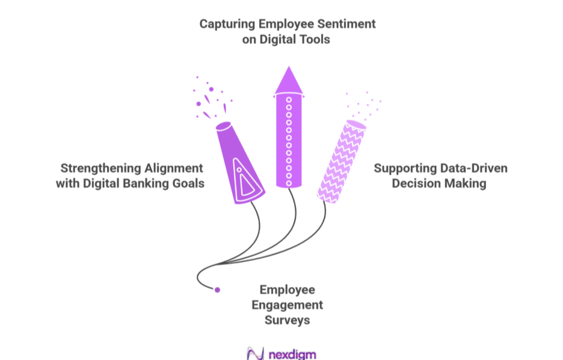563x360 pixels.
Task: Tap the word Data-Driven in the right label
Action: click(471, 168)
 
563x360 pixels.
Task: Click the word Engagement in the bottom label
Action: click(288, 305)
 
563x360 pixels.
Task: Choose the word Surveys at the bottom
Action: click(288, 320)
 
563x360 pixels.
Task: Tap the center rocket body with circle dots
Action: click(288, 141)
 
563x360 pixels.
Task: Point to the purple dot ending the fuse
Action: click(217, 290)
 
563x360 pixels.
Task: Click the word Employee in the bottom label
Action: click(288, 290)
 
